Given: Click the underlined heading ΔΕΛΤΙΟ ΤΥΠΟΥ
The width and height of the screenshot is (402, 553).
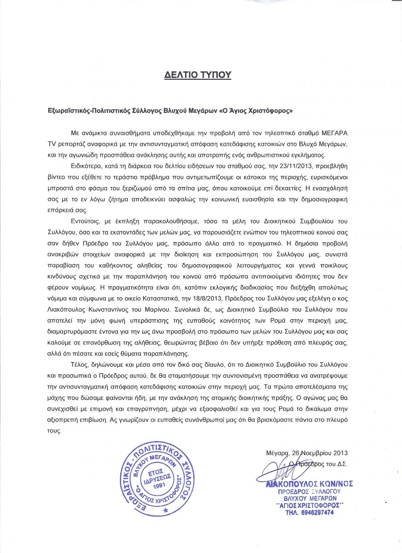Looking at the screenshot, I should [198, 75].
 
